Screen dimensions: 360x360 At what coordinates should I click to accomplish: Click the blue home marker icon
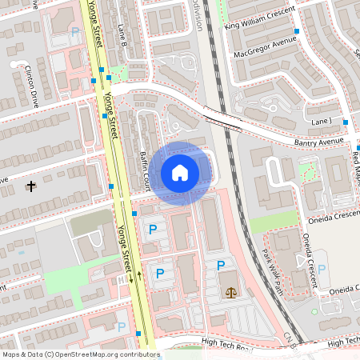tap(180, 173)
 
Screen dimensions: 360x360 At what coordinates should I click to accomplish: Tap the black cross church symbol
tap(31, 186)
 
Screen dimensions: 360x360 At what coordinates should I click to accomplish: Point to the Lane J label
tap(322, 121)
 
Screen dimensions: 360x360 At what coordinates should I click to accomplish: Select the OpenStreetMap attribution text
tap(81, 354)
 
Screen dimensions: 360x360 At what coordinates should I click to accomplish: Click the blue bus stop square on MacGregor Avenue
tap(297, 31)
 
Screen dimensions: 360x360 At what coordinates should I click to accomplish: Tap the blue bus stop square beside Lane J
tap(346, 122)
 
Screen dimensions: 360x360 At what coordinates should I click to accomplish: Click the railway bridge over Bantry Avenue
tap(222, 118)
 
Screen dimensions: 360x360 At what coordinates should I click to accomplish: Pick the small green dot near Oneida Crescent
tap(314, 311)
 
